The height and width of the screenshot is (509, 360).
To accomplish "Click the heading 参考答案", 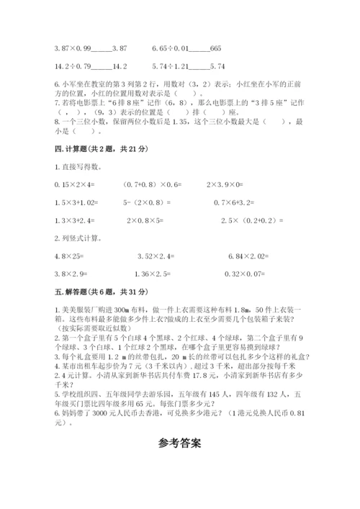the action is coord(180,443).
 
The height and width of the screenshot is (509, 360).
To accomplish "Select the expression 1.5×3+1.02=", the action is coord(75,202).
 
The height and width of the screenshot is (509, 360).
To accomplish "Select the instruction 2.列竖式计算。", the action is coord(78,238).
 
